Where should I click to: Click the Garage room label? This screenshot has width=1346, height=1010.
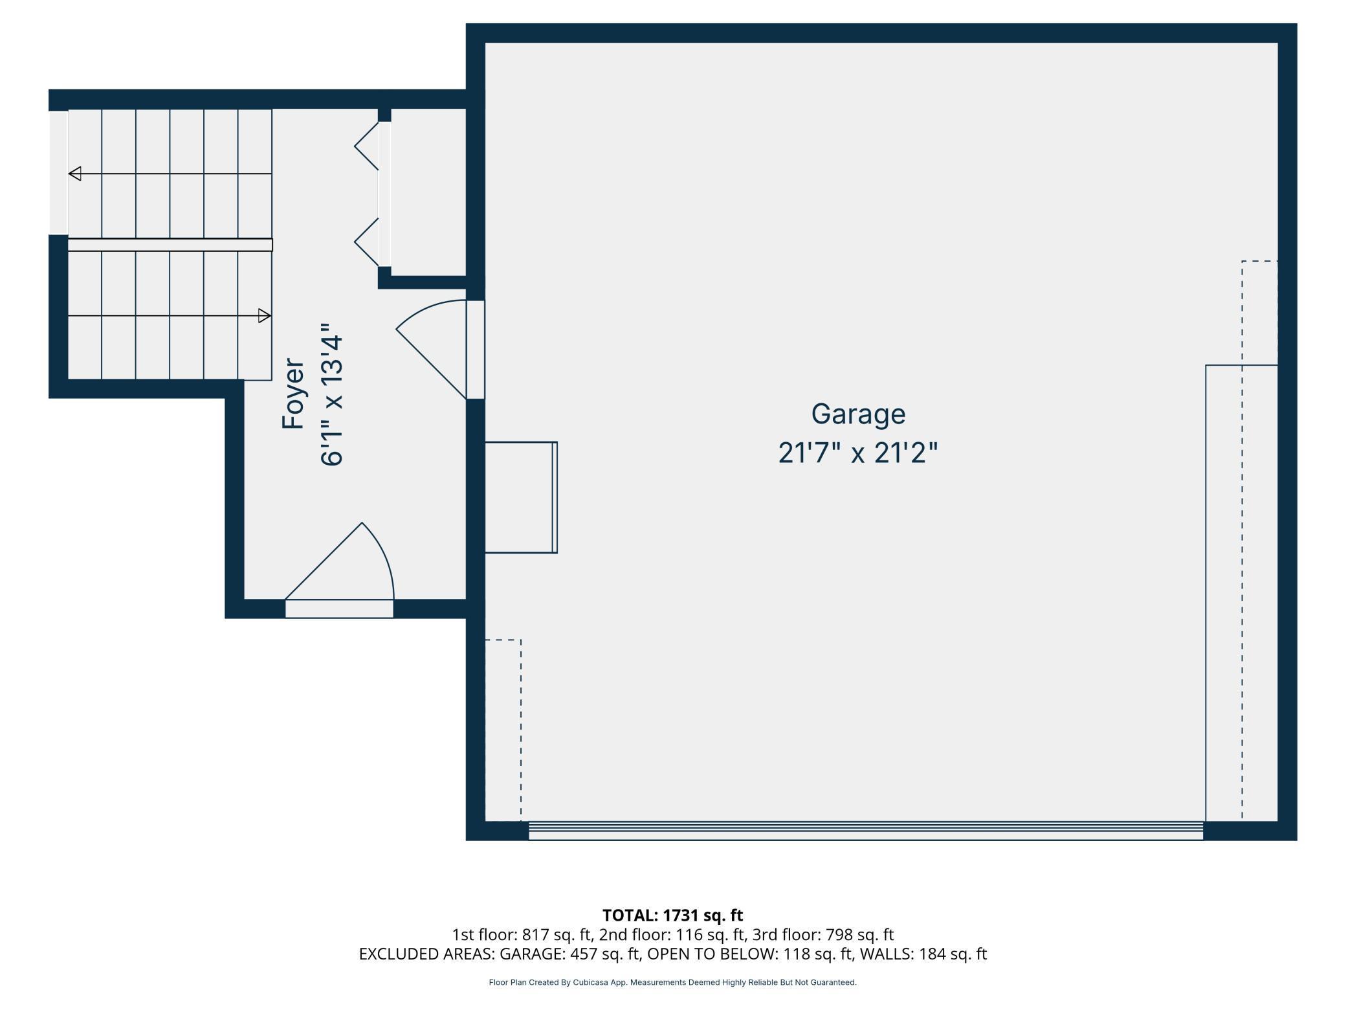858,414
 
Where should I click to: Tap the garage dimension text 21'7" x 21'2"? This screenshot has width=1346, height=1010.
858,453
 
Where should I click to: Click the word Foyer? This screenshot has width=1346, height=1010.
293,394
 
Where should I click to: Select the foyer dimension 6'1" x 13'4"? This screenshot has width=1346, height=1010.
332,394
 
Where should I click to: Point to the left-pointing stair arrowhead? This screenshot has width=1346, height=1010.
75,174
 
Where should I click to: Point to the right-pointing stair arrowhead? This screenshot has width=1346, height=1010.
264,316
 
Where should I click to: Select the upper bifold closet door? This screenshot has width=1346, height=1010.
368,146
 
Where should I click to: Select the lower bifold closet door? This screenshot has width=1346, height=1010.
368,241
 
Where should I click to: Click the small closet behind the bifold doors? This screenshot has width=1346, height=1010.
428,192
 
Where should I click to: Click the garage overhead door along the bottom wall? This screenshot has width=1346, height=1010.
865,831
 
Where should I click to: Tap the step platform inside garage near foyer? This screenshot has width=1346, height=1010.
520,497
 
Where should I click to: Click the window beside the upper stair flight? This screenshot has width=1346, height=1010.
59,173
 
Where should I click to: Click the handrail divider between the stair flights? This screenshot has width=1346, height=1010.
170,245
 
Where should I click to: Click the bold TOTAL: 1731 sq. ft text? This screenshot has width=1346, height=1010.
672,915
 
